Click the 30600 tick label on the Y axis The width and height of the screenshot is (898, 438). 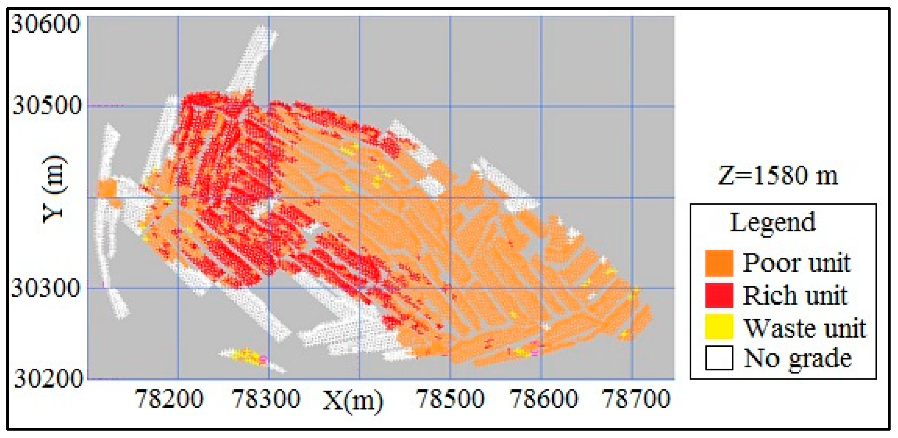pos(46,24)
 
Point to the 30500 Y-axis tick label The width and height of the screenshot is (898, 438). pos(47,105)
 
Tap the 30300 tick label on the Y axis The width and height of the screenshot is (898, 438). pos(46,288)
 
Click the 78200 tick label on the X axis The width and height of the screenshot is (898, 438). pos(169,399)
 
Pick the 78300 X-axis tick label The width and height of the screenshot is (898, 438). pos(266,399)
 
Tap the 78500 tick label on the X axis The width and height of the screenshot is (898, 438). pos(450,399)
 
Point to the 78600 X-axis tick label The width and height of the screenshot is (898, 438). pos(544,399)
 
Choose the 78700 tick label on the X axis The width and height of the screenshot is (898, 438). pos(636,399)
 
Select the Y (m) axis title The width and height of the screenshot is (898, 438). pos(54,189)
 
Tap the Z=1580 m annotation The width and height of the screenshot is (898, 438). pos(778,175)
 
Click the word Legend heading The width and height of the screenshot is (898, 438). pos(773,223)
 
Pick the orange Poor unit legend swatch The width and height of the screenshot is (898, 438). pos(719,263)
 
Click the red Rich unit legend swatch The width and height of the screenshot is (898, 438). pos(719,295)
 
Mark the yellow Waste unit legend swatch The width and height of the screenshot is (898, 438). pos(719,327)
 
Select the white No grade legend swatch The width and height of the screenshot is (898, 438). pos(719,358)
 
